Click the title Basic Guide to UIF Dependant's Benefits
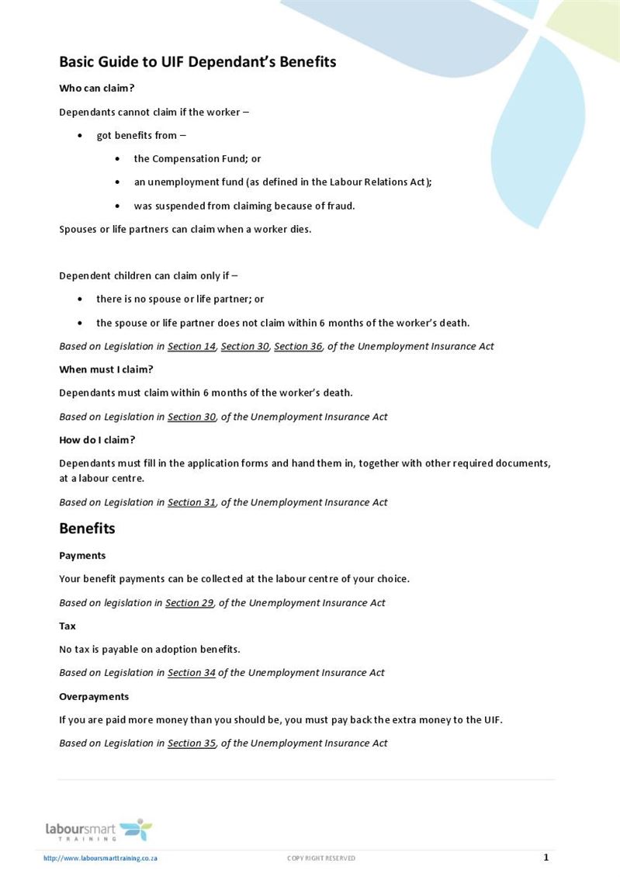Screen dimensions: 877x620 [198, 62]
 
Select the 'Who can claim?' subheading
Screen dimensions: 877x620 [97, 88]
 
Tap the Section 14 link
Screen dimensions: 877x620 [192, 346]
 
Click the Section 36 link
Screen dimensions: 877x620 [298, 346]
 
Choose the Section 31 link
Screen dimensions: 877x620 [192, 502]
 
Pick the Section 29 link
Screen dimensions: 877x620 [189, 602]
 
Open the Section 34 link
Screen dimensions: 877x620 [192, 673]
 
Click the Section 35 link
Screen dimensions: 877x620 [192, 743]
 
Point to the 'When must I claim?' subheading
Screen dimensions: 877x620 [106, 369]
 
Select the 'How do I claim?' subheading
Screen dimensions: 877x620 [97, 440]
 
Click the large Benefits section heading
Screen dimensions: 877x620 [87, 529]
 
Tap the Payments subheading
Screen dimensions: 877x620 [82, 556]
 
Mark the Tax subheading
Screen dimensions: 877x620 [68, 626]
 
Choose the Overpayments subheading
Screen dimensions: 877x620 [94, 696]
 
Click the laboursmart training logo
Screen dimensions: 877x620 [99, 830]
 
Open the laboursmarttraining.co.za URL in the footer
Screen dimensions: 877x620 [101, 858]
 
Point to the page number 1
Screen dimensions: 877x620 [546, 858]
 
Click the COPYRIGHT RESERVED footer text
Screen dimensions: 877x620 [321, 858]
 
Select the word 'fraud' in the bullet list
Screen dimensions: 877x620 [340, 206]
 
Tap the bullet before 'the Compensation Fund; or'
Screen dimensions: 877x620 [117, 159]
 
